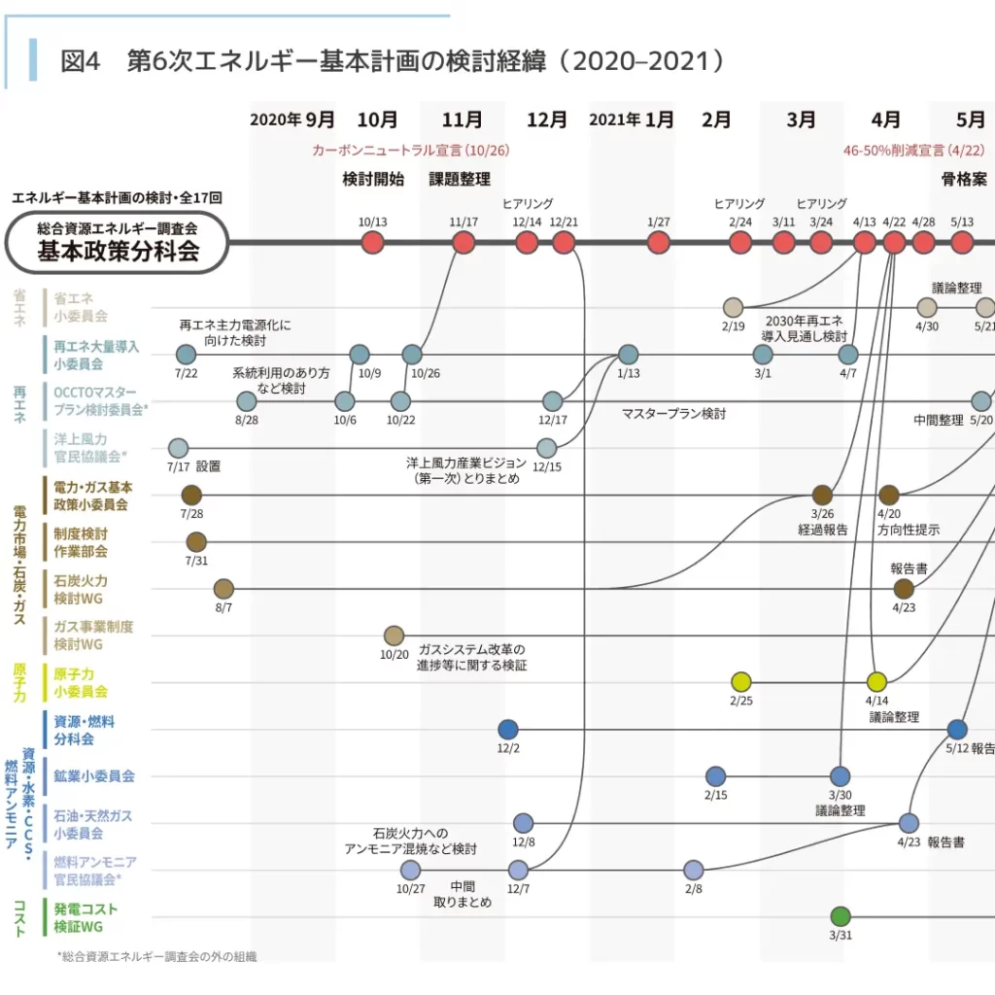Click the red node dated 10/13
click(x=372, y=243)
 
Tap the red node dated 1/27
click(x=659, y=243)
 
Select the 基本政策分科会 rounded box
click(x=117, y=243)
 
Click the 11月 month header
click(x=462, y=120)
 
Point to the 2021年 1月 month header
click(x=632, y=120)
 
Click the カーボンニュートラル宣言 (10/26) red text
click(x=410, y=151)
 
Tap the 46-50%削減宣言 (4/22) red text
click(x=913, y=151)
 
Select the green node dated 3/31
click(x=841, y=916)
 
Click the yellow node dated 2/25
click(x=741, y=681)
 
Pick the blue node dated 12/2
click(x=507, y=729)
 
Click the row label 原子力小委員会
click(x=81, y=682)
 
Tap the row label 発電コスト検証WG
click(x=86, y=917)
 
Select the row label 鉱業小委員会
click(x=94, y=776)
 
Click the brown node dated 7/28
click(x=191, y=495)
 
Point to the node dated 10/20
click(x=394, y=635)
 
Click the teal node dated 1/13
click(x=629, y=355)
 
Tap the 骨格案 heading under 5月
click(x=964, y=179)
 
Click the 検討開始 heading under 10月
click(x=373, y=179)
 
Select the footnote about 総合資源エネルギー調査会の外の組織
click(x=156, y=956)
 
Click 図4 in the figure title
click(x=80, y=61)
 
